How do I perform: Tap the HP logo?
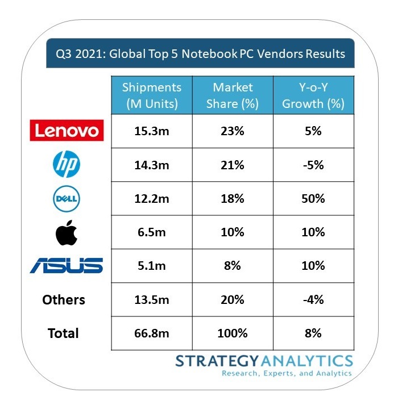coord(67,165)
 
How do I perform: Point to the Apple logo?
coord(67,233)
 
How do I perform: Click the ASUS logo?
coord(67,265)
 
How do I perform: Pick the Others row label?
coord(64,299)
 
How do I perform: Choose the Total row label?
coord(64,333)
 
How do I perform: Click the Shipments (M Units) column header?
coord(151,95)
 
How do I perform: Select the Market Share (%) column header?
coord(233,95)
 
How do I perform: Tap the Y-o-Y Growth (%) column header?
coord(313,95)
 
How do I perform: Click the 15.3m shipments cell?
coord(151,131)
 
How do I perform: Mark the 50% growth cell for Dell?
coord(313,199)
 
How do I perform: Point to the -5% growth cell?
coord(313,165)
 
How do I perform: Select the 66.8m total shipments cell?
coord(151,333)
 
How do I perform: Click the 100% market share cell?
coord(233,333)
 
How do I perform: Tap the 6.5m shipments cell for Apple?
coord(151,232)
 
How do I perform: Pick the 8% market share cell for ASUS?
coord(233,266)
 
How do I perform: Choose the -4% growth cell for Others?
coord(313,299)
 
